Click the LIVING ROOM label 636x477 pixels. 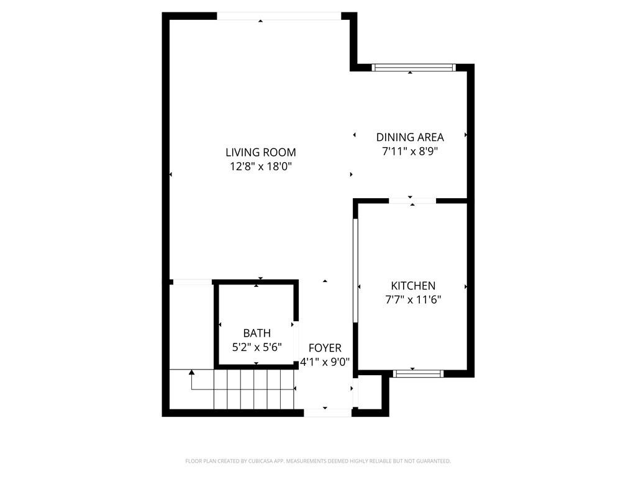pos(260,152)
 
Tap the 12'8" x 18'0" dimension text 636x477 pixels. pos(260,166)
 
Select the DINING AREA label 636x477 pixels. pos(410,137)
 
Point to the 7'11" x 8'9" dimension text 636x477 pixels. pos(410,151)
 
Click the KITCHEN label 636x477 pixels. pos(413,286)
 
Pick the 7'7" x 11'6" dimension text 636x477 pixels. pos(413,299)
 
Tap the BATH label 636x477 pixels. pos(257,334)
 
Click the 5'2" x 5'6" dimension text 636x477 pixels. pos(257,347)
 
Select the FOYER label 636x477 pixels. pos(325,348)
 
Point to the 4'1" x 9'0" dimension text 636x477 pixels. pos(325,361)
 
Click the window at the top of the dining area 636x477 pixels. pos(414,67)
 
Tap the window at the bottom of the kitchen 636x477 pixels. pos(418,373)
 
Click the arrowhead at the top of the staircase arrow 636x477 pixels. pos(192,372)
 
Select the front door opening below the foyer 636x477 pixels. pos(327,412)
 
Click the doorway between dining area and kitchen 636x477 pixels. pos(412,201)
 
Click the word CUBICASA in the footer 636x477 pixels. pos(256,461)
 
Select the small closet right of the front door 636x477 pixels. pos(371,393)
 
